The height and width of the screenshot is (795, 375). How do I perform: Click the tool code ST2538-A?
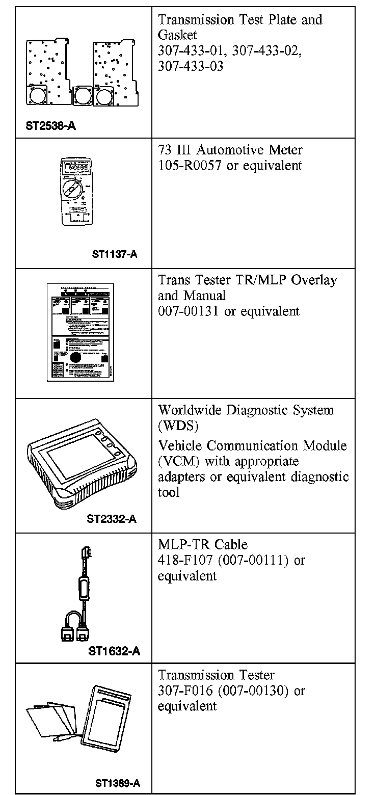click(51, 125)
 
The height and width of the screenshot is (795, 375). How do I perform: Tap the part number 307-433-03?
click(191, 67)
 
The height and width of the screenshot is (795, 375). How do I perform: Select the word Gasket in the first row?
click(177, 35)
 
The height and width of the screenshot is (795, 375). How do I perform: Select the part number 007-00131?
click(189, 311)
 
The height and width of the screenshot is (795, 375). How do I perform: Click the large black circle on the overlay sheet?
click(76, 358)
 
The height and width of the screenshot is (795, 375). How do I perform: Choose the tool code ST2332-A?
click(112, 519)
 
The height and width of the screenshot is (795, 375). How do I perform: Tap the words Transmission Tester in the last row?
click(216, 675)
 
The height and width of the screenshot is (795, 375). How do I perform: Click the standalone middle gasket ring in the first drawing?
click(82, 94)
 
